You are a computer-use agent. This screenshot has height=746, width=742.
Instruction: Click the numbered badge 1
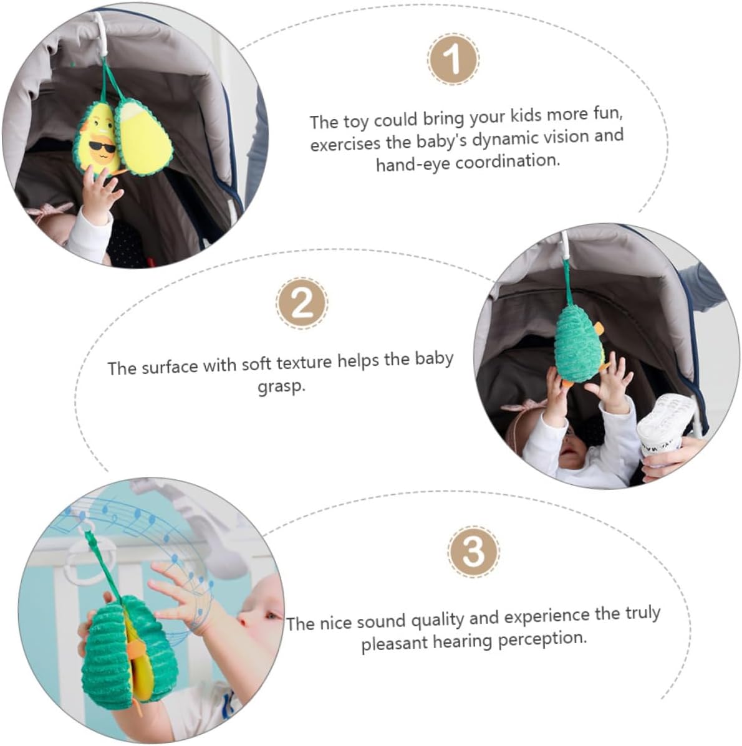pyautogui.click(x=453, y=59)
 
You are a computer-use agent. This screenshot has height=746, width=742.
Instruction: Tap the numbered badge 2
pyautogui.click(x=302, y=304)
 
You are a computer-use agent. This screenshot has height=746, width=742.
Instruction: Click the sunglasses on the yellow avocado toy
pyautogui.click(x=102, y=147)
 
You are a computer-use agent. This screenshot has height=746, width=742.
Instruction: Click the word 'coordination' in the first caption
pyautogui.click(x=508, y=161)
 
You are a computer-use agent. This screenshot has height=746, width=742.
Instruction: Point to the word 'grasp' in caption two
pyautogui.click(x=281, y=386)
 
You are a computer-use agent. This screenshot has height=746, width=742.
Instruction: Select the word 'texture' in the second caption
pyautogui.click(x=304, y=363)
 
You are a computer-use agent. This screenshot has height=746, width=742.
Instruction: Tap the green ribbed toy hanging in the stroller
pyautogui.click(x=579, y=342)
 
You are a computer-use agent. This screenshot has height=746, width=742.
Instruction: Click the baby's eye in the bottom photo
pyautogui.click(x=272, y=616)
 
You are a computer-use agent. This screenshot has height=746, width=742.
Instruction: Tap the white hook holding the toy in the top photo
pyautogui.click(x=101, y=33)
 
